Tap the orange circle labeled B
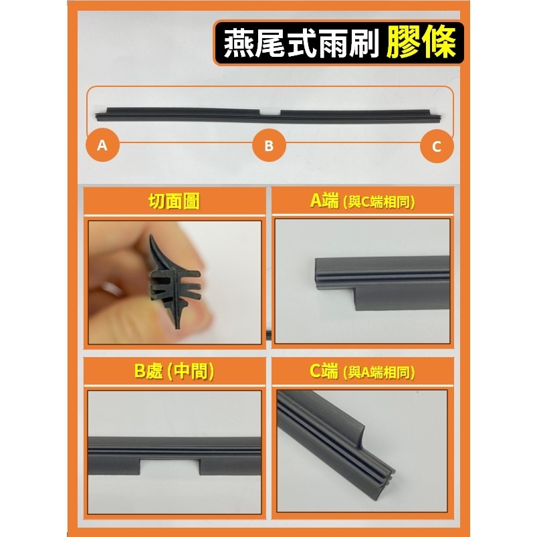pos(269,145)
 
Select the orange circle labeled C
pos(436,146)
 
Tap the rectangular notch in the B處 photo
pos(170,465)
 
